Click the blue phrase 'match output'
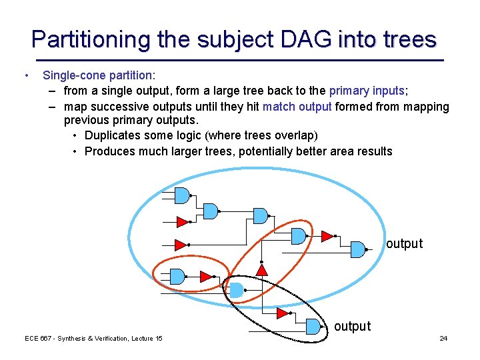(x=297, y=107)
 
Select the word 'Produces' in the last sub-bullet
(x=111, y=151)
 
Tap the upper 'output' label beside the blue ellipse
(x=404, y=244)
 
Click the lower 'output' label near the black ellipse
(x=352, y=326)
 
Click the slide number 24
(x=443, y=339)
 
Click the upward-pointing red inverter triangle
(x=262, y=269)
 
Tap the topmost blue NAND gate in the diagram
(x=181, y=195)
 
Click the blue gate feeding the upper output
(x=358, y=249)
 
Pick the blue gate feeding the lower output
(x=313, y=326)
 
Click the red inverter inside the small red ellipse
(x=205, y=275)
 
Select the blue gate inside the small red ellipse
(x=177, y=275)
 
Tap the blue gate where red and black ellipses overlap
(x=237, y=290)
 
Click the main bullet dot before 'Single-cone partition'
(x=25, y=76)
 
